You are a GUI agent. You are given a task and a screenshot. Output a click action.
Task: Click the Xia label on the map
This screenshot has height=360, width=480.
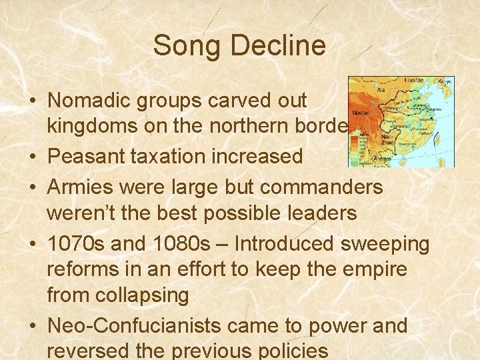pyautogui.click(x=381, y=87)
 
